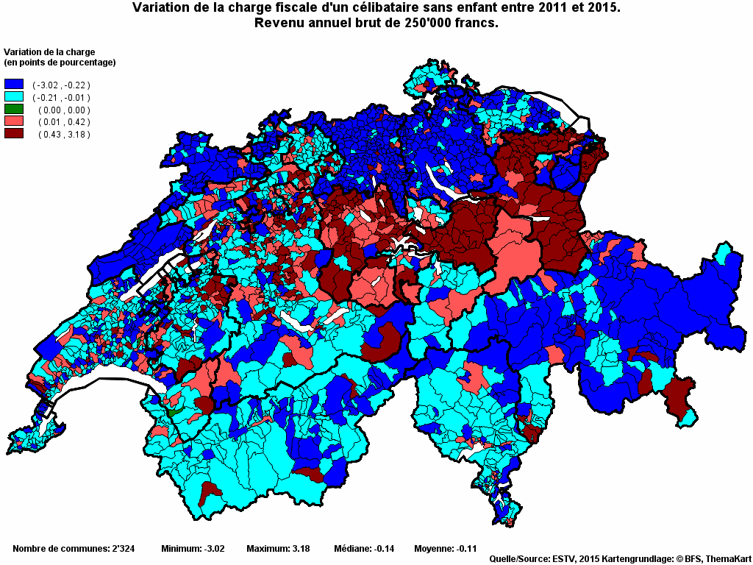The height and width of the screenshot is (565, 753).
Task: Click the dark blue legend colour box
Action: click(14, 85)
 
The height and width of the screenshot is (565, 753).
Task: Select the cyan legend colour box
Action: click(14, 97)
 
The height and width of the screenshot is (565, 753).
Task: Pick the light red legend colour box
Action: click(14, 121)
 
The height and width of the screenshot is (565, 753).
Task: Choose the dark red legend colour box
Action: click(14, 134)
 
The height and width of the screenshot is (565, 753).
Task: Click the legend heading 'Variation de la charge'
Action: click(49, 51)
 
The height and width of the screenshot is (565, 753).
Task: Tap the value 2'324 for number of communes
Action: click(121, 549)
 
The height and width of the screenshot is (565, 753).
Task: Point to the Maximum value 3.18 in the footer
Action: click(299, 549)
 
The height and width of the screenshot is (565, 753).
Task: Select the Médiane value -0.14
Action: click(385, 549)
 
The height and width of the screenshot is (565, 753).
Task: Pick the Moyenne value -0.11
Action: click(465, 549)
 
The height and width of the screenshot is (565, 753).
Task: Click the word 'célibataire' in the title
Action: click(358, 8)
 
